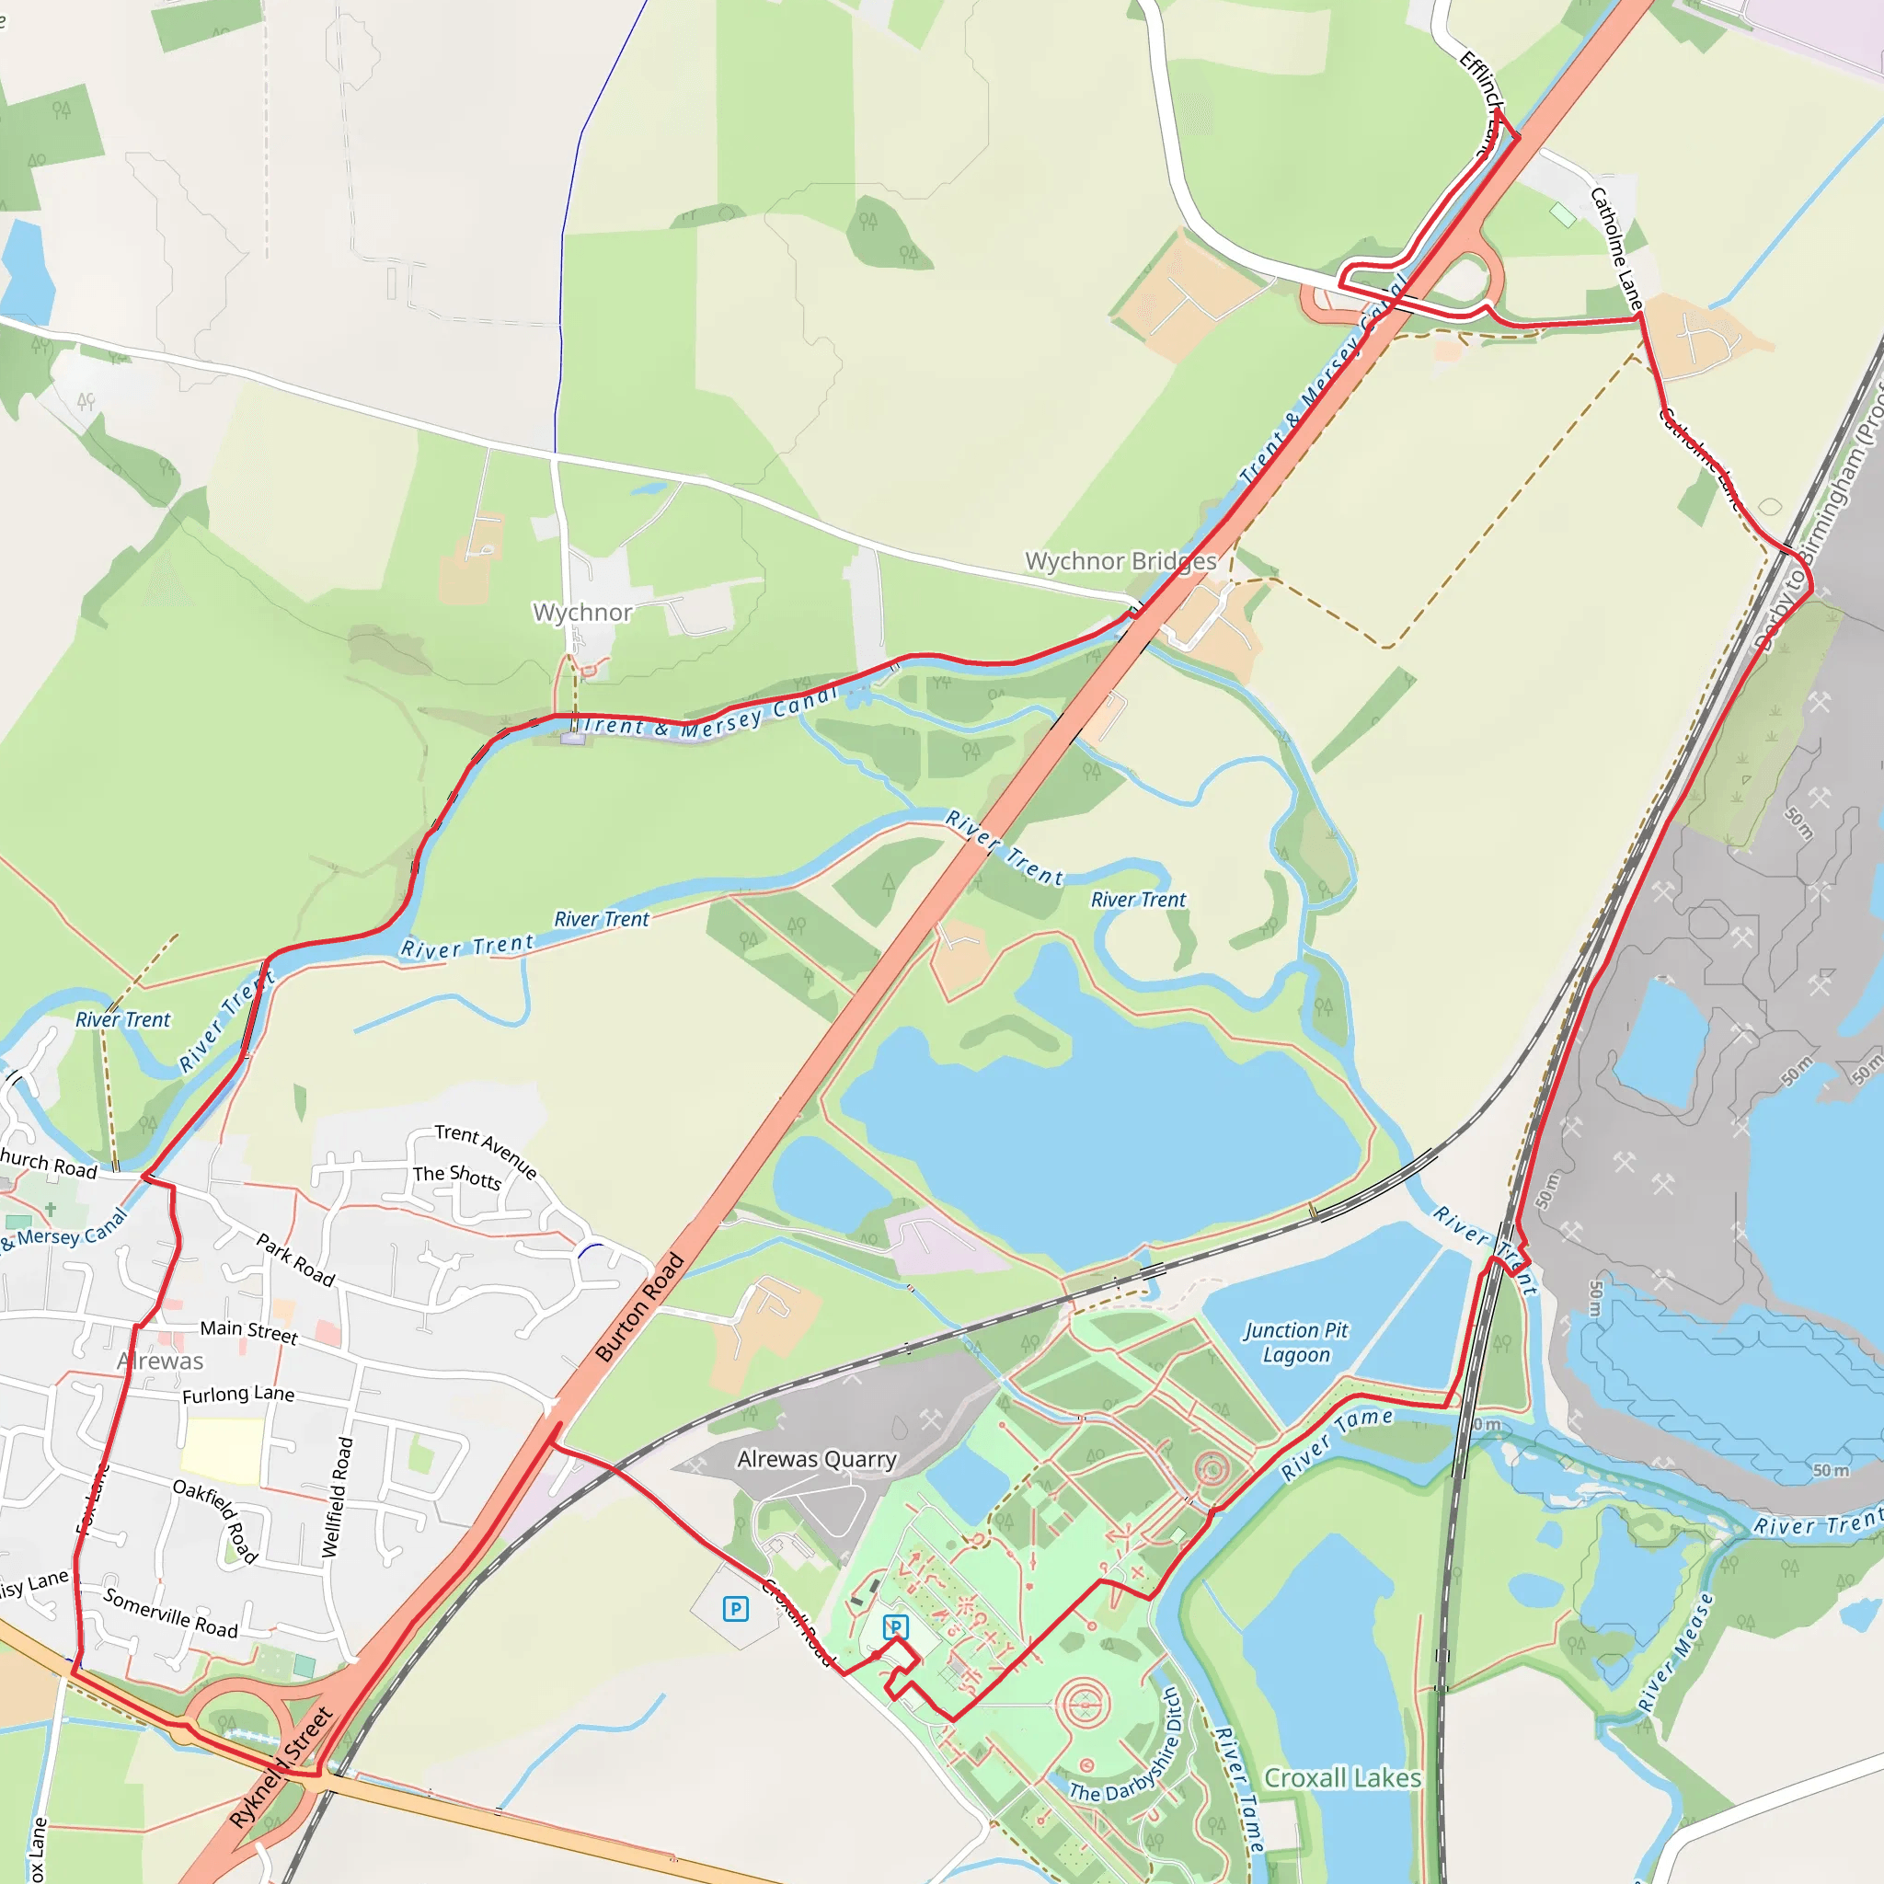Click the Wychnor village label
click(x=582, y=613)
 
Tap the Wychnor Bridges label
click(x=1120, y=562)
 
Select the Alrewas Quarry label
click(x=816, y=1459)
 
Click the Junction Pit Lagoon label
click(x=1295, y=1342)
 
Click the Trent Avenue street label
click(x=486, y=1151)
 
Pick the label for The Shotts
click(x=456, y=1177)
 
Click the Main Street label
click(x=248, y=1331)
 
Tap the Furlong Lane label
click(x=238, y=1395)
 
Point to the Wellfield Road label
click(x=337, y=1497)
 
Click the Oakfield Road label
click(x=215, y=1521)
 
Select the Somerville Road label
click(x=171, y=1614)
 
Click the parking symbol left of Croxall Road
click(x=736, y=1608)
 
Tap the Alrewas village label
click(x=161, y=1361)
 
